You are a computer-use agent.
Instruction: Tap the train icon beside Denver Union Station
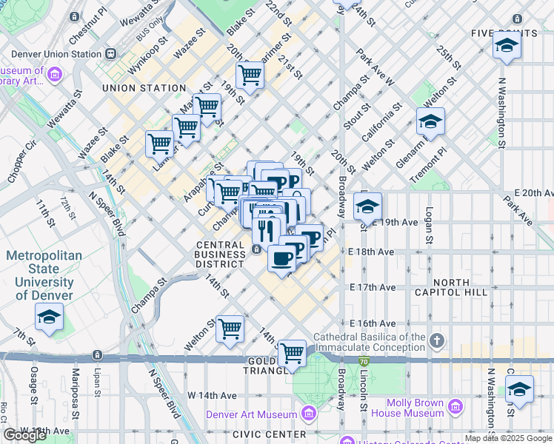[x=111, y=53]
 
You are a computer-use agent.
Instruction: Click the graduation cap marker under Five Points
[x=507, y=46]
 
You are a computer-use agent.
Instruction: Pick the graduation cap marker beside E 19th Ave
[x=367, y=207]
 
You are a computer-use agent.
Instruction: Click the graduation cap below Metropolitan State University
[x=50, y=318]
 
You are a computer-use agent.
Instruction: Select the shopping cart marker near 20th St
[x=250, y=75]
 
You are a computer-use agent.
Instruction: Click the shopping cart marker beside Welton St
[x=230, y=328]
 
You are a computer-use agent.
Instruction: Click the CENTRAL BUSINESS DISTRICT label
[x=221, y=249]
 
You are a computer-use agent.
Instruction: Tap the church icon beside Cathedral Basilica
[x=437, y=341]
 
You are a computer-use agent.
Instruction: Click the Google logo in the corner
[x=25, y=435]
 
